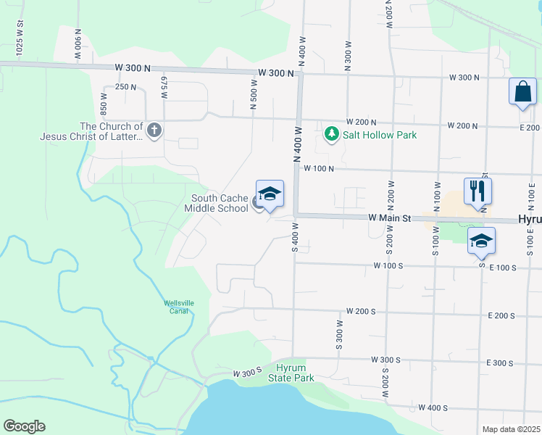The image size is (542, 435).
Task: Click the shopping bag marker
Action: (522, 92)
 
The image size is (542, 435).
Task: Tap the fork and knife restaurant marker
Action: (478, 191)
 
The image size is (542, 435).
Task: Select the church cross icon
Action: (154, 130)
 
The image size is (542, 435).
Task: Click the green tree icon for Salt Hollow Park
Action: (332, 134)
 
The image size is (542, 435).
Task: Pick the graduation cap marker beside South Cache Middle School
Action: (270, 194)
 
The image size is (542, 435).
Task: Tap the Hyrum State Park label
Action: (291, 373)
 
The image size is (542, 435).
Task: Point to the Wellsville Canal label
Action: (175, 307)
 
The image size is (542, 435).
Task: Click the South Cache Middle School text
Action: (220, 203)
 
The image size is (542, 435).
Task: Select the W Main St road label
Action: (389, 217)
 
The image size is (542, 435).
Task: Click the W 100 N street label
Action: (318, 168)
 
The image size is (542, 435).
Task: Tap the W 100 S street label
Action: (388, 266)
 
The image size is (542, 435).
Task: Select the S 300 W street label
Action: (338, 335)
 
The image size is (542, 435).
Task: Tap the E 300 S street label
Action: (500, 362)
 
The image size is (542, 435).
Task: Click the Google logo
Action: (24, 426)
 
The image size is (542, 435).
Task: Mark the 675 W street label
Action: (164, 88)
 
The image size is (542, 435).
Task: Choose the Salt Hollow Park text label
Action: (380, 135)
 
